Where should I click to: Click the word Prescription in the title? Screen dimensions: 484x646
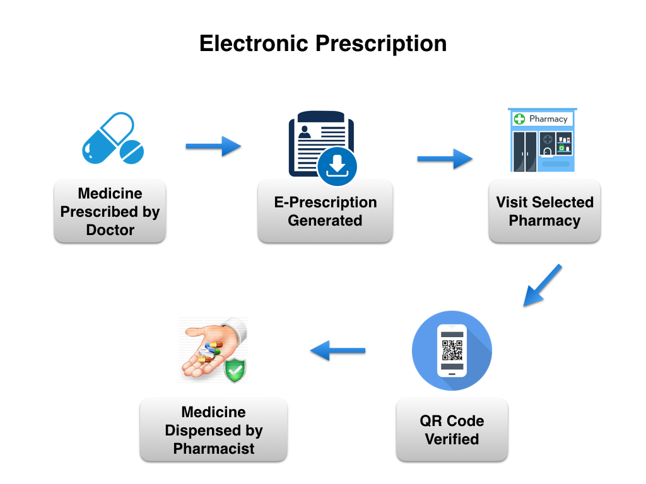tap(381, 44)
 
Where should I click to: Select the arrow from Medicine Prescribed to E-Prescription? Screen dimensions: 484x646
tap(213, 147)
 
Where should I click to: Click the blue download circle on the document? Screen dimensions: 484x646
tap(337, 167)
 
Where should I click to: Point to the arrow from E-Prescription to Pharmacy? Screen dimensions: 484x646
tap(445, 159)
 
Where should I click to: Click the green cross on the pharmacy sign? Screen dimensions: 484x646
tap(520, 119)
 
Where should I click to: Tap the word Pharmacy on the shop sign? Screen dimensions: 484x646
tap(548, 119)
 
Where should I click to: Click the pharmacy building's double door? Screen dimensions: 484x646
tap(524, 151)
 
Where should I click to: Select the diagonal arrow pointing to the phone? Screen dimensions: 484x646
tap(542, 285)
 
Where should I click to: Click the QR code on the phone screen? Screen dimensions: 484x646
tap(452, 349)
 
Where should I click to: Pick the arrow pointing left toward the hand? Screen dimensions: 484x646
tap(338, 350)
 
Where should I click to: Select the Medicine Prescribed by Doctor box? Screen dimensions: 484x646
tap(110, 212)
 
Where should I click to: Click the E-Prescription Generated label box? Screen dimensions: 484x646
tap(325, 212)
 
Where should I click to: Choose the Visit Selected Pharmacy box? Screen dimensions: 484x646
tap(544, 212)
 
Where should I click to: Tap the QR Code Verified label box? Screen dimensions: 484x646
tap(452, 430)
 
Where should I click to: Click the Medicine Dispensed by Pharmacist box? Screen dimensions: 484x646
tap(213, 430)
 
